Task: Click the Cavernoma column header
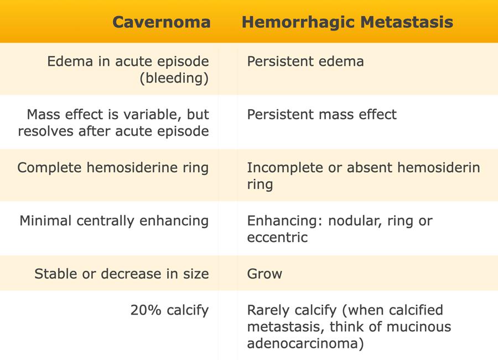click(162, 22)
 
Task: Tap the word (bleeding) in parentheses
click(174, 78)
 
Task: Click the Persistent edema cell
click(305, 61)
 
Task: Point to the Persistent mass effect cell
click(321, 115)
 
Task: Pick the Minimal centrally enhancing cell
click(114, 221)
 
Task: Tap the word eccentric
click(277, 238)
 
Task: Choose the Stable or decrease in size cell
click(122, 274)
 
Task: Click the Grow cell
click(264, 274)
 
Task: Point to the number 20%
click(146, 310)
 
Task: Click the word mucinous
click(422, 327)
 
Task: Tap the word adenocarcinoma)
click(305, 344)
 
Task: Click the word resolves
click(46, 131)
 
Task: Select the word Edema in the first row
click(70, 61)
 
